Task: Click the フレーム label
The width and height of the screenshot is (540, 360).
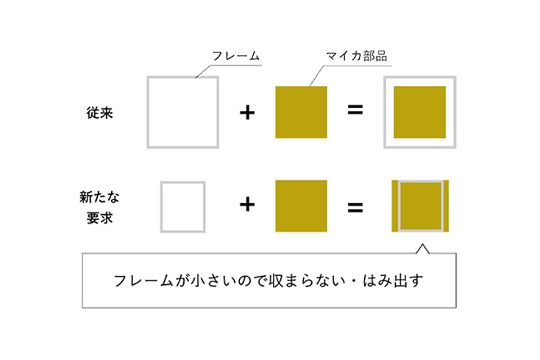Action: point(235,56)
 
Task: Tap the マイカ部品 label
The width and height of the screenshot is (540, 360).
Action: point(356,56)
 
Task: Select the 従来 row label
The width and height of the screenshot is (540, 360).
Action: point(99,113)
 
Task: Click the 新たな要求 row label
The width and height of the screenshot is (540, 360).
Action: point(99,208)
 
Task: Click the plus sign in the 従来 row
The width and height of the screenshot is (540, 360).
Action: point(247,113)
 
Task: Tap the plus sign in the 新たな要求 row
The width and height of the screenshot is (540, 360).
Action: point(247,205)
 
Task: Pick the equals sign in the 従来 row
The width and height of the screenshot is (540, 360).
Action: point(355,110)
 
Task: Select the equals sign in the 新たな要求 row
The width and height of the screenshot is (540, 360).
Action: point(355,208)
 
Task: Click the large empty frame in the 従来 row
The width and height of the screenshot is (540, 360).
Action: point(183,113)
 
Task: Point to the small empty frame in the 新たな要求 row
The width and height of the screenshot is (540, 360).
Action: point(183,207)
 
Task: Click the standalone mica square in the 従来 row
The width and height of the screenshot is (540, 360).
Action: point(302,113)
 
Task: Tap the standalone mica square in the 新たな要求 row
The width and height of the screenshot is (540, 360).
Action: point(302,206)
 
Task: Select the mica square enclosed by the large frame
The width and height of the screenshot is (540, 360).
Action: point(420,113)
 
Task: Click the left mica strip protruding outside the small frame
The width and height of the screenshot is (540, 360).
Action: point(395,206)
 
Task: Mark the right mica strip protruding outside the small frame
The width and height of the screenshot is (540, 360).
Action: point(447,206)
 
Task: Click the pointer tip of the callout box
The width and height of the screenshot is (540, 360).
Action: point(423,244)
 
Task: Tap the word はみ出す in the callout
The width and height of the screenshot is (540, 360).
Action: point(393,280)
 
